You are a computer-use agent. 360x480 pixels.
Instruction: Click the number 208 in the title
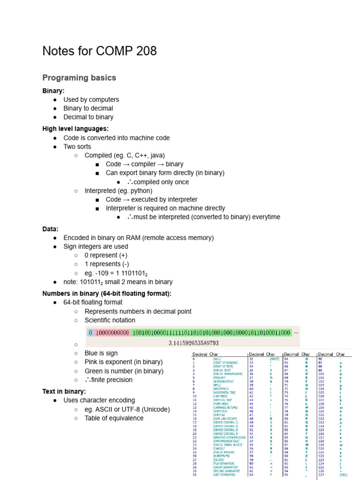145,51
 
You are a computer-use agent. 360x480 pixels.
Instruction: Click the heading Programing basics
79,78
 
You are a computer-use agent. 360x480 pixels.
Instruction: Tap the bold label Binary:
53,91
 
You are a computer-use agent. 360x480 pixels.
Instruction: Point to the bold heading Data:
50,229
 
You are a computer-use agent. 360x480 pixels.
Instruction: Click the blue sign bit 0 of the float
90,333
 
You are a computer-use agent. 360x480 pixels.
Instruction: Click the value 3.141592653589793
194,343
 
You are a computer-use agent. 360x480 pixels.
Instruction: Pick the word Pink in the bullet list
92,362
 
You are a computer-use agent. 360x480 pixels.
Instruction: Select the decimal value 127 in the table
322,475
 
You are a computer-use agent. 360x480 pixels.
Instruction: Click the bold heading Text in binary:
64,391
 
